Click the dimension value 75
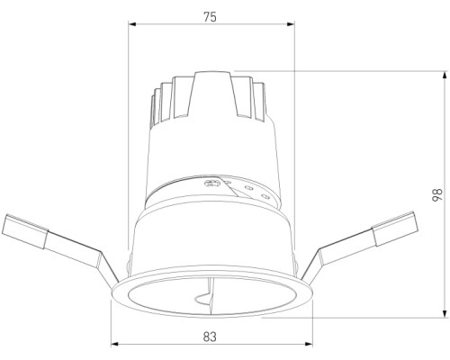coord(209,16)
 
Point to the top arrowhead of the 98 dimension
coord(445,72)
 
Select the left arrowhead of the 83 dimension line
coord(113,346)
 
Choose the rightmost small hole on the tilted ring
coord(264,193)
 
